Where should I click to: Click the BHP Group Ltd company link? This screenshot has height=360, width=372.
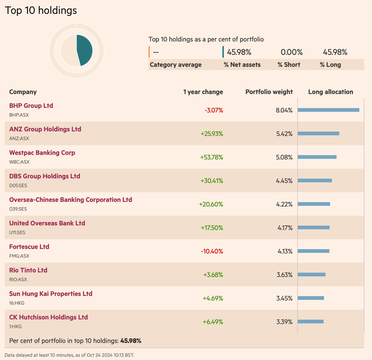pyautogui.click(x=31, y=106)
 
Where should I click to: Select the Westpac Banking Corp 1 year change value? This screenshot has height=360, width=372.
pyautogui.click(x=211, y=157)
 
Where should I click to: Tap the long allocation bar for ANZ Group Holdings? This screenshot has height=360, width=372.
pyautogui.click(x=318, y=133)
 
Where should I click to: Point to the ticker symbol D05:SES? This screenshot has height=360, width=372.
pyautogui.click(x=18, y=186)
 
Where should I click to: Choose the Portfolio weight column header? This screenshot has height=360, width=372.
pyautogui.click(x=269, y=92)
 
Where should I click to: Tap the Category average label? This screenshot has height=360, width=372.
pyautogui.click(x=175, y=65)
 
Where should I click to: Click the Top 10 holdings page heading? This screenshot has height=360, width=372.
pyautogui.click(x=41, y=11)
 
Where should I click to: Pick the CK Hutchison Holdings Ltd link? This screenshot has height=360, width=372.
pyautogui.click(x=48, y=317)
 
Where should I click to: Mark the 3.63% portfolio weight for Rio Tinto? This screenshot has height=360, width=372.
pyautogui.click(x=284, y=275)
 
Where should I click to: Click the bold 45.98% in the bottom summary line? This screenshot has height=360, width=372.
pyautogui.click(x=131, y=341)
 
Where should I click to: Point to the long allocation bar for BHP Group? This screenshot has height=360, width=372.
pyautogui.click(x=328, y=110)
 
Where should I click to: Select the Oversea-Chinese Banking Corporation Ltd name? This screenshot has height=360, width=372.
pyautogui.click(x=70, y=200)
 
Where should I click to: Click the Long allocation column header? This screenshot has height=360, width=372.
pyautogui.click(x=331, y=92)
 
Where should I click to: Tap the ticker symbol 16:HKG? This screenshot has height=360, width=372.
pyautogui.click(x=17, y=303)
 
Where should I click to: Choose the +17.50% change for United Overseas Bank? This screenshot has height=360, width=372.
pyautogui.click(x=212, y=228)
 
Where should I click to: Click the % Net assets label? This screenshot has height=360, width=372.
pyautogui.click(x=242, y=65)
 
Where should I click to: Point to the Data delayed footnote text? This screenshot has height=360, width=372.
pyautogui.click(x=69, y=355)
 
